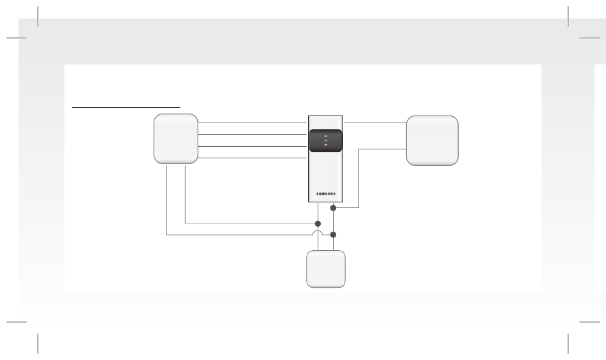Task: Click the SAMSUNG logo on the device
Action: [x=326, y=194]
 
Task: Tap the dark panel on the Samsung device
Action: [x=326, y=140]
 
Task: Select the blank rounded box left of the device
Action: [x=176, y=139]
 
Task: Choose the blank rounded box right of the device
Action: [x=432, y=140]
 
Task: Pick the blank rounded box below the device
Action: [x=326, y=269]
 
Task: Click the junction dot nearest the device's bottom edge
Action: [x=333, y=208]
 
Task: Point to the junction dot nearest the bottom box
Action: [x=333, y=235]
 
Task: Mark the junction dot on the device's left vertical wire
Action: [x=318, y=224]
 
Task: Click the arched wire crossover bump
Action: [x=318, y=232]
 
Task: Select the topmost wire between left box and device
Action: [x=253, y=123]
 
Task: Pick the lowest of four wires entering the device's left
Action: [x=253, y=158]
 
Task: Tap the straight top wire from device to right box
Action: [x=375, y=123]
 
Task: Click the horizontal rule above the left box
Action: [x=126, y=107]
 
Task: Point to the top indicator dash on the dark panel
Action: [x=326, y=136]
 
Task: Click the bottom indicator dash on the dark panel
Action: [x=326, y=145]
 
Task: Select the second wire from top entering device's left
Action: [x=253, y=135]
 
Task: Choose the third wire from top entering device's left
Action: [x=253, y=147]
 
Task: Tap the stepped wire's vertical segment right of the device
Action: [x=359, y=178]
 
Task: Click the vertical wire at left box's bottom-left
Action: [x=166, y=200]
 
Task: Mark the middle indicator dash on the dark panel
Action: [x=326, y=140]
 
